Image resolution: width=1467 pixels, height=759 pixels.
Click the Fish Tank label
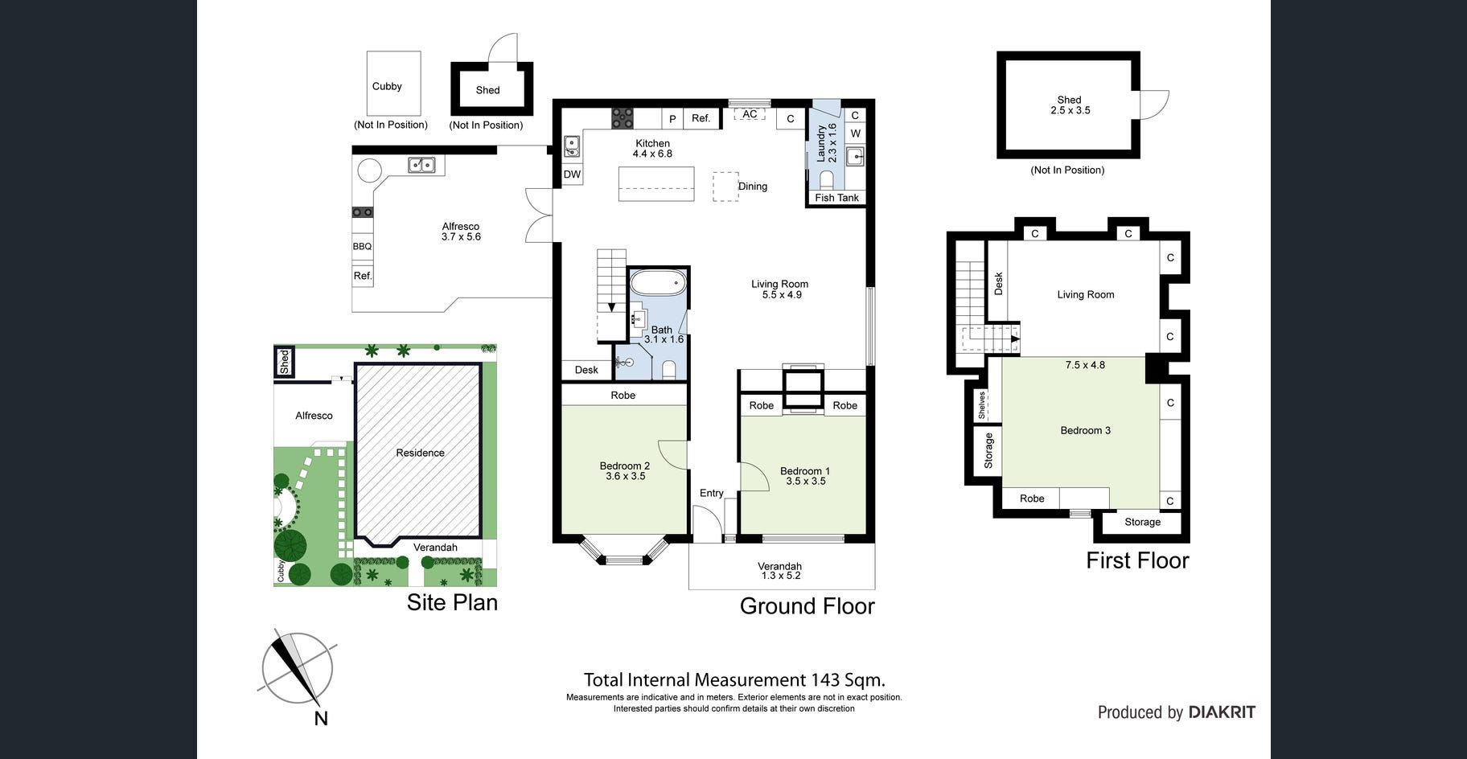(x=836, y=198)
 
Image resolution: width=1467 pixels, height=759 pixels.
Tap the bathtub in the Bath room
(x=658, y=284)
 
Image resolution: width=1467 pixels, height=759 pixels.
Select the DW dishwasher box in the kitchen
(x=572, y=174)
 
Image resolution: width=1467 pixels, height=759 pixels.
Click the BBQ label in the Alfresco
(x=362, y=247)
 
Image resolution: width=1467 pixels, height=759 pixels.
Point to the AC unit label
(x=750, y=115)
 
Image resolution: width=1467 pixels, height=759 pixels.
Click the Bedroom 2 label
(x=625, y=466)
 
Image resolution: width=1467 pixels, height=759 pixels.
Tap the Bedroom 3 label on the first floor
(x=1085, y=430)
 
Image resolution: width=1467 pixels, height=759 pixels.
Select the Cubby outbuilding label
(x=387, y=86)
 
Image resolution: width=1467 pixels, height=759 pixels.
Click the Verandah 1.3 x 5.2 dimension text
(x=781, y=576)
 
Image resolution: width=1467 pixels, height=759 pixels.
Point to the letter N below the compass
(x=321, y=719)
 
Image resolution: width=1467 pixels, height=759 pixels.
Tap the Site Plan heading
(x=452, y=602)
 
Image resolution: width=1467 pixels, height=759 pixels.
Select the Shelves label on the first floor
(x=982, y=405)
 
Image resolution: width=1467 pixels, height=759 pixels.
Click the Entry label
(x=712, y=493)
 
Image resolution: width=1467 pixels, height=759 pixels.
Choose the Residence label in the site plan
(x=420, y=453)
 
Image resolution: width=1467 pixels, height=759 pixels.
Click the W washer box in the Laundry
(x=855, y=133)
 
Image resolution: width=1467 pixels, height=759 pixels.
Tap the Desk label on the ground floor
(x=586, y=370)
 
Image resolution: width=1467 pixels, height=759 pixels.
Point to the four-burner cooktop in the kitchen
(x=623, y=118)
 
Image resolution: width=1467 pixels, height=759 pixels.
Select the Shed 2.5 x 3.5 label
(x=1070, y=105)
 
